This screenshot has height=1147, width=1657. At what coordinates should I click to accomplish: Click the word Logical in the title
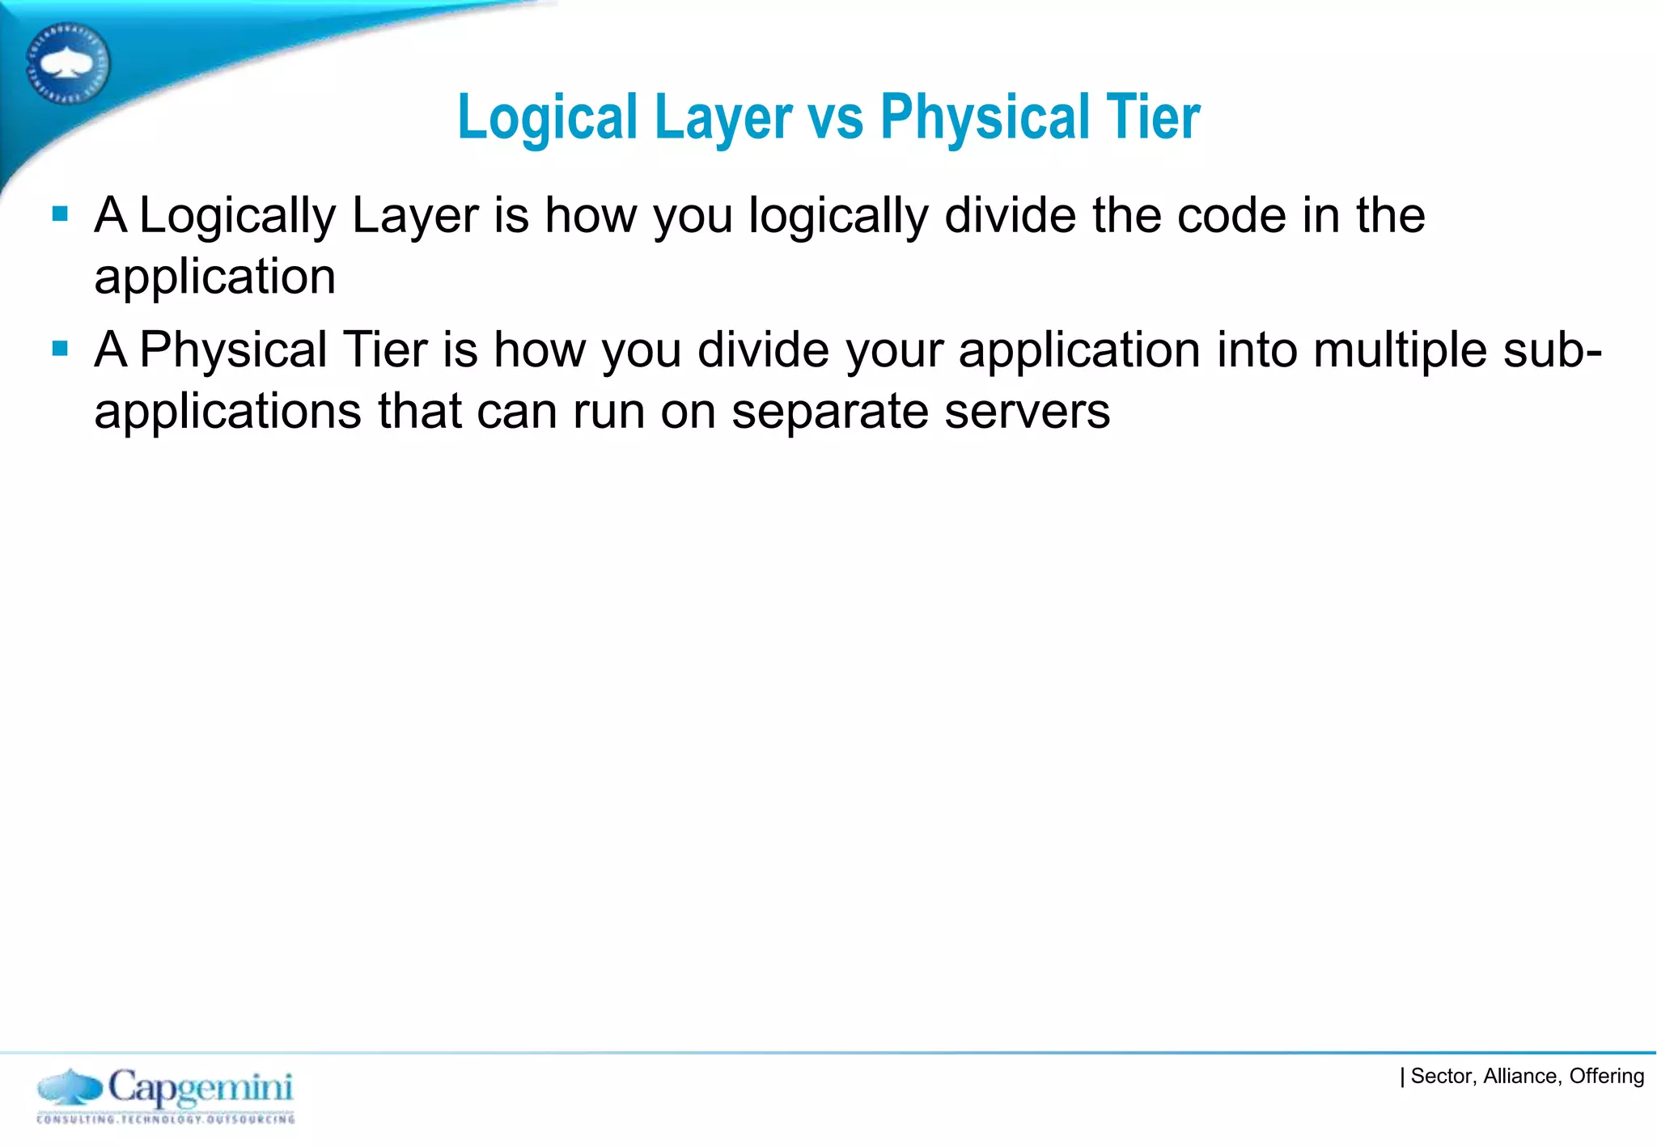[x=548, y=119]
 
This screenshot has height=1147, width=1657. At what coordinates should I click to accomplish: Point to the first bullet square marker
[x=60, y=214]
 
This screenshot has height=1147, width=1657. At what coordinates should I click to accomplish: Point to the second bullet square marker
[x=60, y=349]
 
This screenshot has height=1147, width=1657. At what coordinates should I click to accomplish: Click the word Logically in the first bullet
[x=238, y=217]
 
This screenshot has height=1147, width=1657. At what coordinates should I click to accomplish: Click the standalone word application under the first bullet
[x=214, y=277]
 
